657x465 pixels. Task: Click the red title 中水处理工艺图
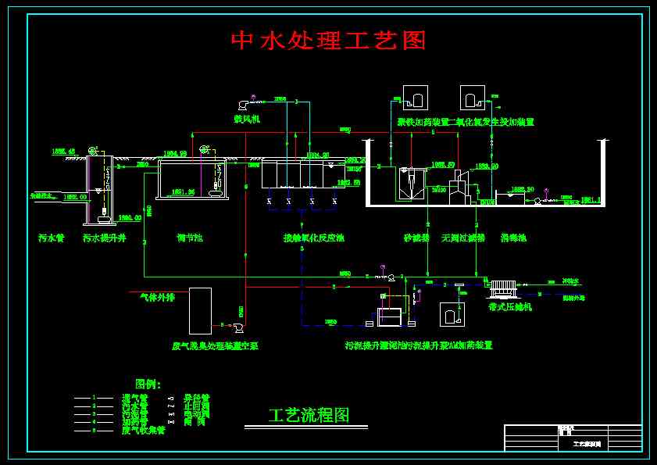tap(328, 41)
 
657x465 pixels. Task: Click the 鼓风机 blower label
tap(246, 119)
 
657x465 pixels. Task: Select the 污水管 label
tap(51, 238)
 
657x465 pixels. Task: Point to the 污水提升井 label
tap(104, 238)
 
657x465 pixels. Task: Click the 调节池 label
tap(189, 238)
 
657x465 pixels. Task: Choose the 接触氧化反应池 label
tap(313, 238)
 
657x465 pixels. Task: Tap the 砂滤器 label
tap(416, 238)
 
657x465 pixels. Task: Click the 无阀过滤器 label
tap(462, 238)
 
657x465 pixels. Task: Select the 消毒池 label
tap(513, 238)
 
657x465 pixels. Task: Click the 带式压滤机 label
tap(509, 307)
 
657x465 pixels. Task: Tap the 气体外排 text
tap(157, 297)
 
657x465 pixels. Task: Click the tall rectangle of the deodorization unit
tap(200, 311)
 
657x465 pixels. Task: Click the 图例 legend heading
tap(148, 384)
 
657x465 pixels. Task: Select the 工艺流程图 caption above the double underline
tap(308, 415)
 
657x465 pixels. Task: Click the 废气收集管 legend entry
tap(143, 430)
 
